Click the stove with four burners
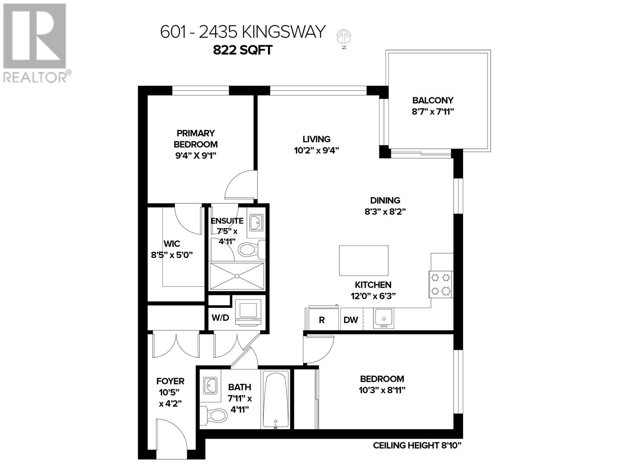point(440,284)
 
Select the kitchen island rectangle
point(364,260)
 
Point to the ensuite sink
point(256,223)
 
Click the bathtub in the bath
point(275,399)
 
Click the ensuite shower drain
point(237,276)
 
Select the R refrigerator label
point(322,320)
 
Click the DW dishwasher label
point(351,320)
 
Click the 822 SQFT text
point(243,50)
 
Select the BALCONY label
point(432,100)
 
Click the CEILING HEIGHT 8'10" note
point(417,446)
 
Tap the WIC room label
point(172,244)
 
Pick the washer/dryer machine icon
point(248,312)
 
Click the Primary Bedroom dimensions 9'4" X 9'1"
point(196,155)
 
